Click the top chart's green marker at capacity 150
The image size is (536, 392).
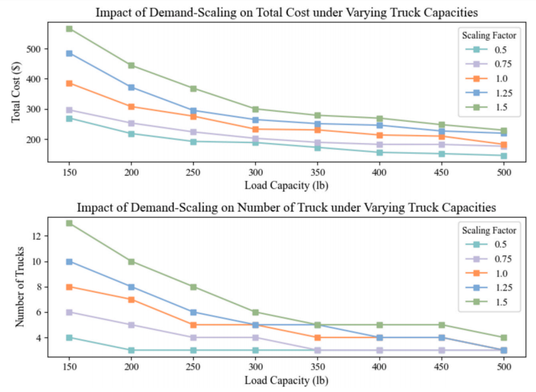coord(69,28)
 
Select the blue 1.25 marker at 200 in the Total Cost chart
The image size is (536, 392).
coord(131,87)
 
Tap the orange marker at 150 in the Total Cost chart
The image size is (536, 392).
coord(69,84)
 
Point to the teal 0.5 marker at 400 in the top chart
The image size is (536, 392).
coord(379,152)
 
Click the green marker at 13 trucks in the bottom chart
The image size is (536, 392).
coord(69,223)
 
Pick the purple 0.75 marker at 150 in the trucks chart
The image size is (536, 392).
coord(69,312)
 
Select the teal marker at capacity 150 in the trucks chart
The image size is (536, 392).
coord(69,338)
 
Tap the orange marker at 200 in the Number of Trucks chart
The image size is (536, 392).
coord(131,300)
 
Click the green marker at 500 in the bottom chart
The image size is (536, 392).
coord(504,338)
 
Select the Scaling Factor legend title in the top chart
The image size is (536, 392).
coord(489,35)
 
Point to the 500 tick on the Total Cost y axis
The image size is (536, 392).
coord(33,49)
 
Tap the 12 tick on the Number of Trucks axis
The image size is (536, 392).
coord(35,236)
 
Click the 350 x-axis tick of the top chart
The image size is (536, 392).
coord(317,172)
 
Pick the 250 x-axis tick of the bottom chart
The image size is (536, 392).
coord(193,367)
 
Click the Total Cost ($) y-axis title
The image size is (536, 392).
coord(15,92)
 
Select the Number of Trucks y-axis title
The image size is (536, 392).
coord(19,287)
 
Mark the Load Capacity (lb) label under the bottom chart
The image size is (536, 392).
coord(286,380)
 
